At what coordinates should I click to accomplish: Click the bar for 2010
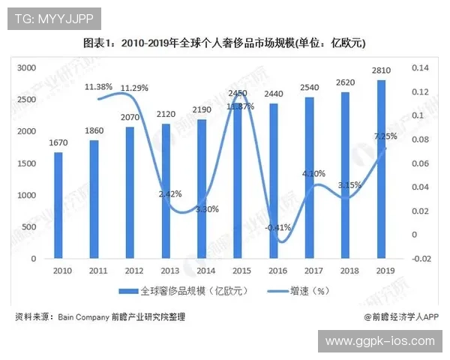58,205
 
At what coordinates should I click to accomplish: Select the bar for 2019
382,169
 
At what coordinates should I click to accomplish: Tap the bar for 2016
274,181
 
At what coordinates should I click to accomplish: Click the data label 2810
382,72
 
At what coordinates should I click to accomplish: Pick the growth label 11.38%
98,86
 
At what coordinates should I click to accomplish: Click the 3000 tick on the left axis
27,67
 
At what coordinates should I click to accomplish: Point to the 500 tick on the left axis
29,226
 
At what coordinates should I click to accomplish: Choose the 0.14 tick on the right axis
418,68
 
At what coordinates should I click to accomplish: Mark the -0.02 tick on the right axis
418,259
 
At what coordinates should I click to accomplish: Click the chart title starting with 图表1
224,43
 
